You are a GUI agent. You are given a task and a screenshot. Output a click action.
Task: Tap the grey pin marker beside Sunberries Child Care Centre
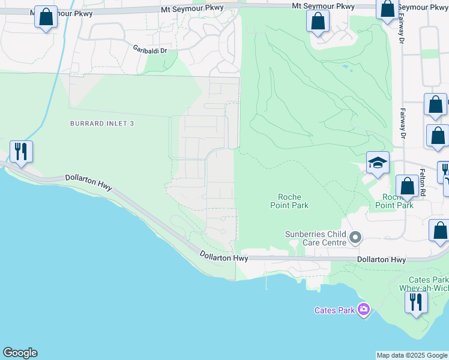tap(355, 238)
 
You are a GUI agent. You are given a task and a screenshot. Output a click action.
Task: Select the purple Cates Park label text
tap(334, 310)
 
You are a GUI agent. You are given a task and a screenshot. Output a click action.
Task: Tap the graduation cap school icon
tap(378, 163)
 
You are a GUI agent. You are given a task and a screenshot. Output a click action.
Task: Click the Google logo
tap(20, 353)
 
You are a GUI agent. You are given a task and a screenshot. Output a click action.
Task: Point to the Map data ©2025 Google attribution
tap(412, 355)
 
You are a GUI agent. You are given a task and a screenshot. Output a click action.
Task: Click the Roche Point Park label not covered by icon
tap(293, 201)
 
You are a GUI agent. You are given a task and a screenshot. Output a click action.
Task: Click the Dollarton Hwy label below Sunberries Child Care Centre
tap(381, 260)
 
